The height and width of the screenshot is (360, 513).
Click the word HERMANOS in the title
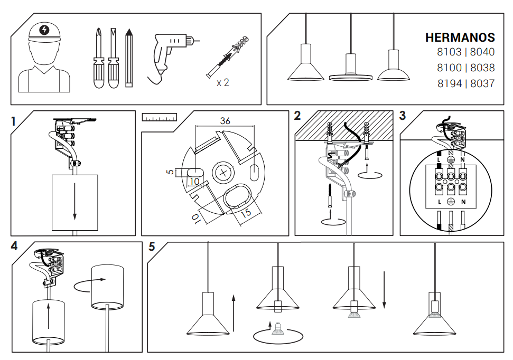[x=460, y=37]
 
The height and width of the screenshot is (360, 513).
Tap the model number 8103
[x=449, y=52]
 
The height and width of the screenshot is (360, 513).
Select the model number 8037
[x=482, y=83]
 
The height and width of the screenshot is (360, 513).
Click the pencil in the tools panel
[x=129, y=58]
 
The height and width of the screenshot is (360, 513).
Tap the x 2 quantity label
[x=222, y=82]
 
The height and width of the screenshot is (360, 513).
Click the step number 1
[x=14, y=121]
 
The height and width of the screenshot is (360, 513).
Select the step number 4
[x=14, y=246]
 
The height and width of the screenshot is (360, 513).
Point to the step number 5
[x=152, y=247]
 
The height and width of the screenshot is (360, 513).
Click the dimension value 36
[x=225, y=121]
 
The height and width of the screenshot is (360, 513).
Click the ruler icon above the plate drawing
[x=159, y=117]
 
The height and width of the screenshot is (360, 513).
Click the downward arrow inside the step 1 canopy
[x=75, y=201]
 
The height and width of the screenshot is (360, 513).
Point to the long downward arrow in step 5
[x=385, y=290]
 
